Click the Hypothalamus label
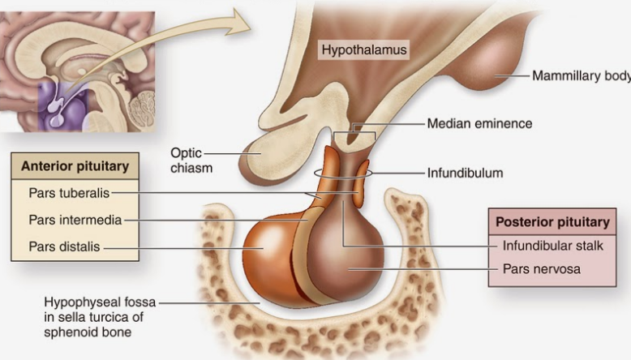pyautogui.click(x=363, y=50)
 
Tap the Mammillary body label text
pyautogui.click(x=580, y=76)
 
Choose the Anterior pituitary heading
pyautogui.click(x=75, y=167)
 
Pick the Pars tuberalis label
pyautogui.click(x=69, y=193)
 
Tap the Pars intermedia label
pyautogui.click(x=75, y=220)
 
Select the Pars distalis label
pyautogui.click(x=64, y=246)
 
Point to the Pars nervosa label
pyautogui.click(x=541, y=268)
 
